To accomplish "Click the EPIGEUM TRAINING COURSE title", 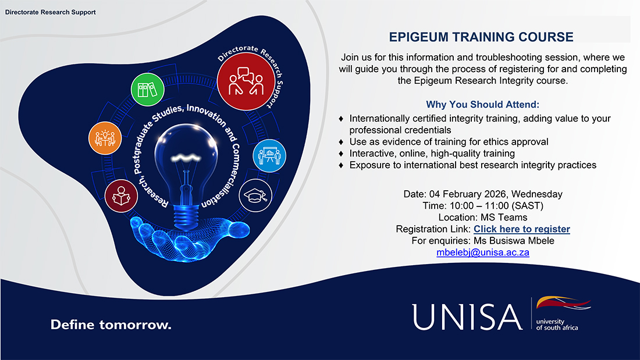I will pyautogui.click(x=481, y=37).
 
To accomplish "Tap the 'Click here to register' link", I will pyautogui.click(x=521, y=229).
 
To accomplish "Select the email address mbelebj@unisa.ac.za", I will pyautogui.click(x=482, y=252).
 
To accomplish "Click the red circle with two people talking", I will pyautogui.click(x=246, y=83).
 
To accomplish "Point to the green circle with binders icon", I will pyautogui.click(x=146, y=90).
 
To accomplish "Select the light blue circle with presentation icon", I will pyautogui.click(x=269, y=156).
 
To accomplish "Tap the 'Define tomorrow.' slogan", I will pyautogui.click(x=111, y=325).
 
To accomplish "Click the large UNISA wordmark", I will pyautogui.click(x=467, y=316).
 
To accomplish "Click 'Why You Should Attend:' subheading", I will pyautogui.click(x=482, y=105).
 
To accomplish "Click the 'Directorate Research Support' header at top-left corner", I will pyautogui.click(x=51, y=12).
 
